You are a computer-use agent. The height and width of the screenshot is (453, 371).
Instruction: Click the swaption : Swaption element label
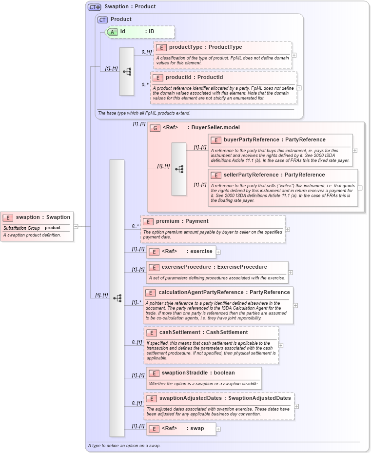point(43,217)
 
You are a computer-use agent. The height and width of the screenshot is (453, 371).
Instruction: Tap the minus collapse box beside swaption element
point(76,226)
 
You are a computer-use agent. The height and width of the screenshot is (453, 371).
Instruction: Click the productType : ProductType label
point(205,47)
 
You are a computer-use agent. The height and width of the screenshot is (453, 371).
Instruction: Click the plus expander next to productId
point(299,88)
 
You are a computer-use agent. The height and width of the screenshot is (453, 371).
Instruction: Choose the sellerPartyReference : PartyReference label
point(274,175)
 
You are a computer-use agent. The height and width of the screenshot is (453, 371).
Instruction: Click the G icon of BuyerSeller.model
point(155,128)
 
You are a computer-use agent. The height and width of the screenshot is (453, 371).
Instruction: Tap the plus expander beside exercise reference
point(218,252)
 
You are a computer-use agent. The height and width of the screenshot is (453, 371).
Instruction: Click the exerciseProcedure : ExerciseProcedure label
point(214,267)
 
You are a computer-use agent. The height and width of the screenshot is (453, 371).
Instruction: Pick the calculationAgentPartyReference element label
point(224,293)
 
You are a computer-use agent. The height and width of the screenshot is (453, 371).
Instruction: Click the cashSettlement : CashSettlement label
point(203,333)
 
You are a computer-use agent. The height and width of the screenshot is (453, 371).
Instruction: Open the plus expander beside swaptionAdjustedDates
point(296,406)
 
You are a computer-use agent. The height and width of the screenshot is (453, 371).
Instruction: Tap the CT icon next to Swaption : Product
point(94,7)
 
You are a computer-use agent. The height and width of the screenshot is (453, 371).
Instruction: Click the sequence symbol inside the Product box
point(127,71)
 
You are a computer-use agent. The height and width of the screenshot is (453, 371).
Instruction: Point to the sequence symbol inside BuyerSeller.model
point(179,169)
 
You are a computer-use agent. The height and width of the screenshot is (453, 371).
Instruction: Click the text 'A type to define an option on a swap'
point(124,446)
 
